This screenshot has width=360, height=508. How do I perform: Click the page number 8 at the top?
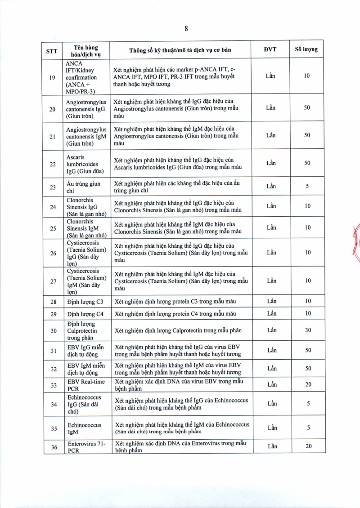tap(186, 28)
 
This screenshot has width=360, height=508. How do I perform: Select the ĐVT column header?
tap(270, 49)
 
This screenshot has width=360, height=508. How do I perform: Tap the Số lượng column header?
tap(306, 49)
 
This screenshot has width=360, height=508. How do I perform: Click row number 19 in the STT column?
tap(53, 77)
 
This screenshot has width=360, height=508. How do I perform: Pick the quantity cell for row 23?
tap(307, 187)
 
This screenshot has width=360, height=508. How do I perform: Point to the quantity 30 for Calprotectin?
tap(308, 330)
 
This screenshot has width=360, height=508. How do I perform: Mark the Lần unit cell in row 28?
tap(271, 301)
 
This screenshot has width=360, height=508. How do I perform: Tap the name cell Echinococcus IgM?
tap(84, 428)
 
